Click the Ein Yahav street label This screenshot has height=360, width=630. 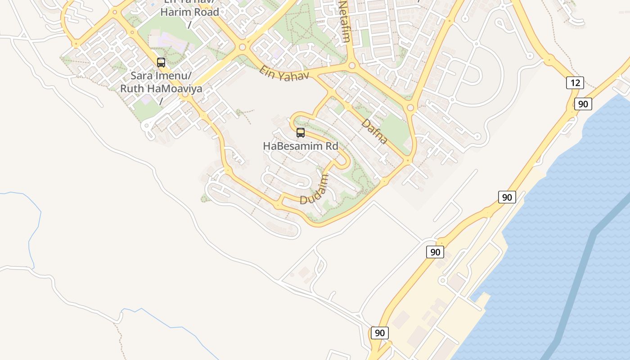tap(284, 73)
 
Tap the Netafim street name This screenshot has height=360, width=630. tap(344, 21)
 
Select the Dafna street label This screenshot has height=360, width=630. tap(374, 131)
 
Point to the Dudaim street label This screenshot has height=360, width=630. tap(314, 189)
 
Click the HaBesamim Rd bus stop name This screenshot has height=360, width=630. tap(300, 146)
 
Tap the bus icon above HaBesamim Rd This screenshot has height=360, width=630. tap(300, 133)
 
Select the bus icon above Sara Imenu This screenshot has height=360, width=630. tap(161, 63)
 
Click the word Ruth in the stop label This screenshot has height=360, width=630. tap(130, 89)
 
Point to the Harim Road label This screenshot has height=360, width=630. tap(189, 12)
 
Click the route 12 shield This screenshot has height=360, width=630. tap(575, 83)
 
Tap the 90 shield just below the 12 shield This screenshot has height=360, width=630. tap(583, 104)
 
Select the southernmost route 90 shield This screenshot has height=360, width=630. tap(379, 333)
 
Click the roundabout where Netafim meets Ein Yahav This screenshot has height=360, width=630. tap(352, 66)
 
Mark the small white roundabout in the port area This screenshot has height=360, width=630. tap(442, 281)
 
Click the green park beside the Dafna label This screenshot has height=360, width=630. tap(395, 127)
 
